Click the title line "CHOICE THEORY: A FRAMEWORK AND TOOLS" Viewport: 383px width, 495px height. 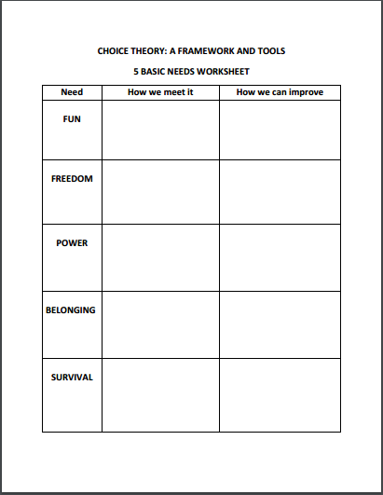coord(191,51)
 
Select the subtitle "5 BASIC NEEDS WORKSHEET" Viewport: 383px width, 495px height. coord(191,71)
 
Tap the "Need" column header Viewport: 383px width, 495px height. coord(72,92)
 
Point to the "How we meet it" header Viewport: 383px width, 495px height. coord(160,92)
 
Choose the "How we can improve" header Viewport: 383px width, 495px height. coord(280,92)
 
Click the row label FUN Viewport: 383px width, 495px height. coord(72,119)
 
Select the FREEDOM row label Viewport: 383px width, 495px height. coord(72,178)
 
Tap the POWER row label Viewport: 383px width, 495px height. coord(72,243)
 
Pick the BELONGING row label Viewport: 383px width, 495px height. coord(72,309)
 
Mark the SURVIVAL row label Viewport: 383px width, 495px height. coord(72,377)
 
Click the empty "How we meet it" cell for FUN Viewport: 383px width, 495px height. coord(160,130)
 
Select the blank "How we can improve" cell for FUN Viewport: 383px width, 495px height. coord(280,130)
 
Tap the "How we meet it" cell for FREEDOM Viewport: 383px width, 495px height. coord(160,192)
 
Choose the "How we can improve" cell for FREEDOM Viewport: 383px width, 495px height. coord(280,192)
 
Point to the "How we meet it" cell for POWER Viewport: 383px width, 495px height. coord(160,257)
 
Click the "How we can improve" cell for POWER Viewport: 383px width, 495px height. coord(280,257)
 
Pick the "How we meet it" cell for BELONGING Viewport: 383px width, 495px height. coord(160,324)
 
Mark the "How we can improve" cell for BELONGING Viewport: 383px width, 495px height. coord(280,324)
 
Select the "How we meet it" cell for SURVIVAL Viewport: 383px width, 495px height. coord(160,394)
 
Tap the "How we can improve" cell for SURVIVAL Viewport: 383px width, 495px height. coord(280,394)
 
